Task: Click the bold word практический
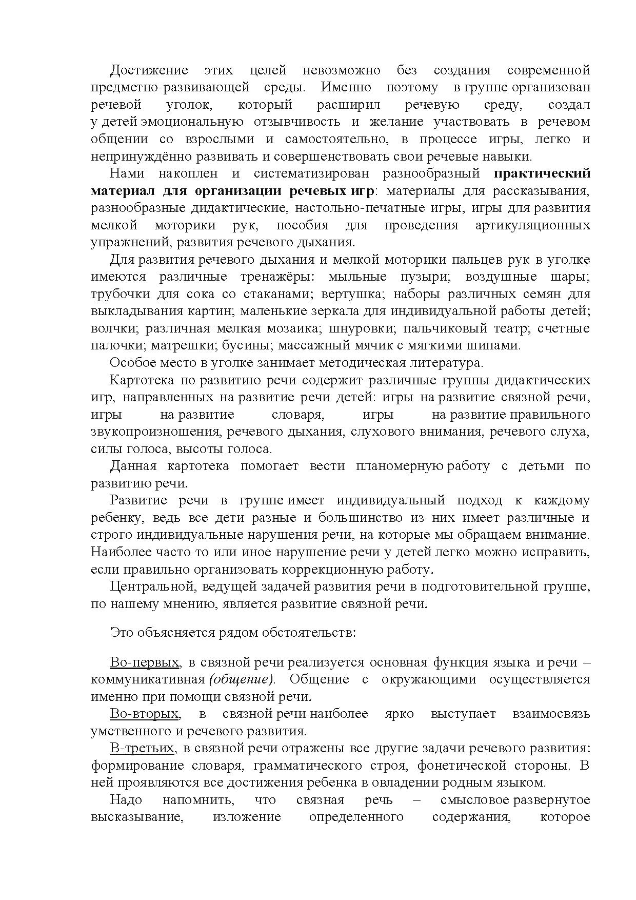[x=542, y=173]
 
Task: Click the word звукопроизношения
[x=155, y=432]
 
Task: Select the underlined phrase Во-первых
[x=144, y=662]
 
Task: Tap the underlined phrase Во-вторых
[x=144, y=714]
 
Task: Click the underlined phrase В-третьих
[x=142, y=748]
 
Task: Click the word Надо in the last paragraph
[x=126, y=800]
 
